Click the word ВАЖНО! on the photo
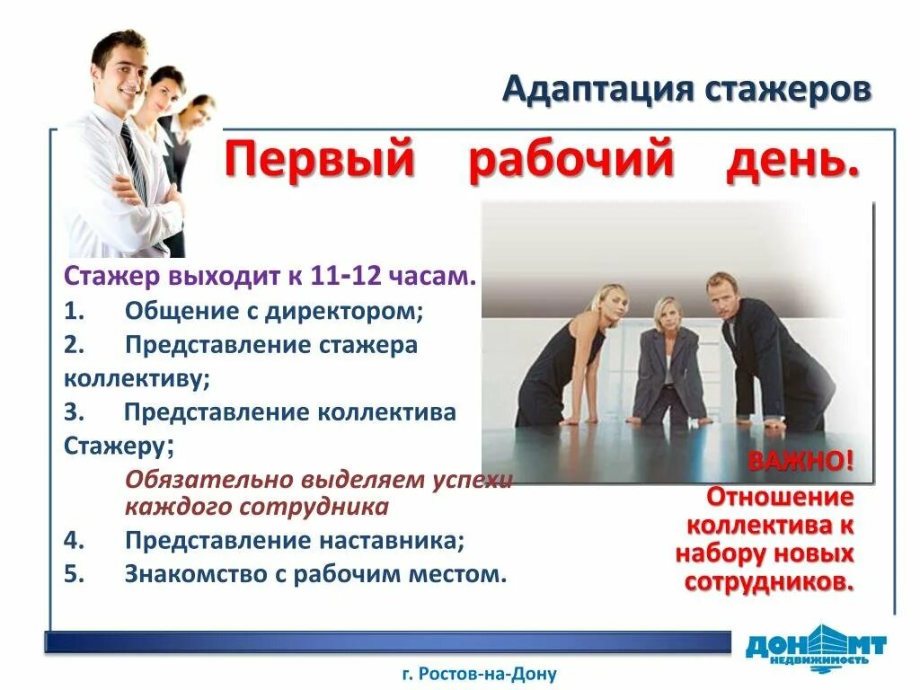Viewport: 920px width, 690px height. coord(801,463)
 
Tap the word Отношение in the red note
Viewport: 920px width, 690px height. coord(779,496)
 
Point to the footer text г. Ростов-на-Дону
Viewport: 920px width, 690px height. coord(480,673)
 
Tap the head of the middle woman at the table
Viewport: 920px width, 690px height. coord(666,315)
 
